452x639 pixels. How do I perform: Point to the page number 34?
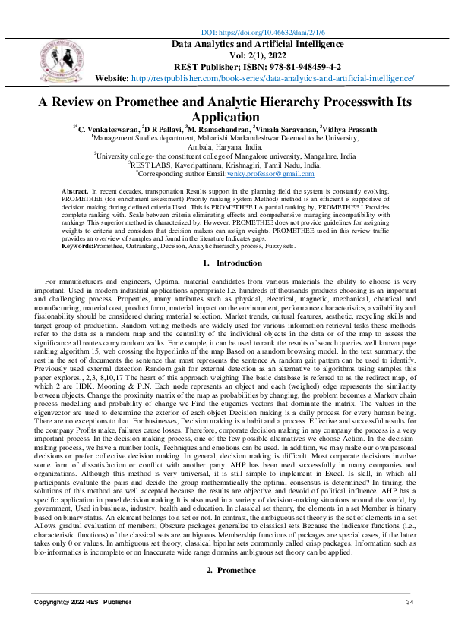click(x=409, y=602)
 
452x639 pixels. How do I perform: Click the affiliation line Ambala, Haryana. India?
click(x=226, y=146)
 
